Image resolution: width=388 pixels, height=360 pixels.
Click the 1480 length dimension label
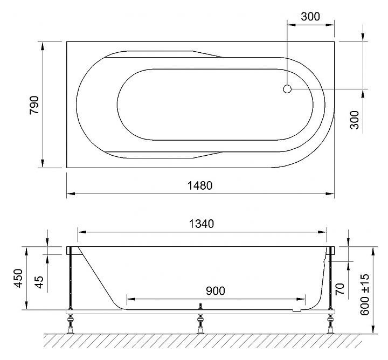(x=200, y=185)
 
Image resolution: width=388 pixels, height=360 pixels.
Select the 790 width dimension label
(x=34, y=105)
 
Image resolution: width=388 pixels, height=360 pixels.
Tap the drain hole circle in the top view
(x=287, y=89)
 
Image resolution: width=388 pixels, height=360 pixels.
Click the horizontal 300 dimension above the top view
(x=310, y=17)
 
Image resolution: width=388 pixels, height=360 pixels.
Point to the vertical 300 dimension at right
(x=355, y=120)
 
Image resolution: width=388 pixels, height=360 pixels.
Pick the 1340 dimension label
(x=201, y=224)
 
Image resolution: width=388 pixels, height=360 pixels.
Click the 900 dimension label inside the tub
(x=216, y=291)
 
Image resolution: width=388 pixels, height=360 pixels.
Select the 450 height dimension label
(x=18, y=278)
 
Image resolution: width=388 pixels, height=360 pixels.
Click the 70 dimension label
(x=340, y=289)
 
